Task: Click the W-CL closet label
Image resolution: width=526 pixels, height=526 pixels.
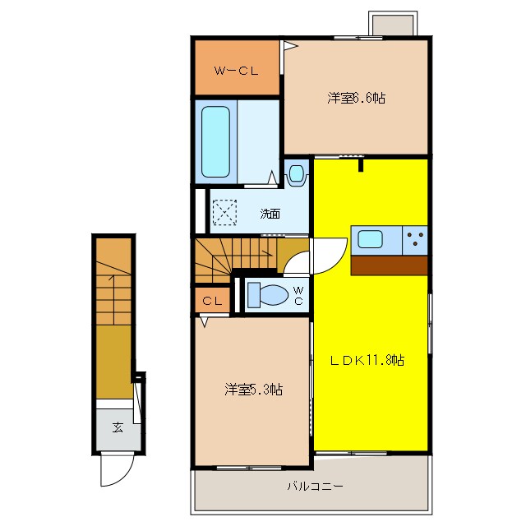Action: coord(237,71)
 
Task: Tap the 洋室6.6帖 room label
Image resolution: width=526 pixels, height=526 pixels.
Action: coord(356,98)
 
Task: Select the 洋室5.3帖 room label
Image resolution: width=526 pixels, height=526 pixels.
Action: coord(254,390)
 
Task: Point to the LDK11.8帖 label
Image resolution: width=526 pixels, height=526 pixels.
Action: coord(367,360)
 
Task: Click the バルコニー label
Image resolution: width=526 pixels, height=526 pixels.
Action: coord(315,486)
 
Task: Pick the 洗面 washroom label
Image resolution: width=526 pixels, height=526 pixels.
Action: coord(270,214)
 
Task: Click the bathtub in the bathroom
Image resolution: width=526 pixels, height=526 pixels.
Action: coord(215,141)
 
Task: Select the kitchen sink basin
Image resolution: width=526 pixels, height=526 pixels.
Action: coord(370,239)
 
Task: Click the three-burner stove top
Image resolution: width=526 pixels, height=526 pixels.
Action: coord(415,240)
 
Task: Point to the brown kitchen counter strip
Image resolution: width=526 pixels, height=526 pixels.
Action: coord(389,265)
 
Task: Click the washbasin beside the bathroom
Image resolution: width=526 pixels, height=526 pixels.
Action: coord(296,173)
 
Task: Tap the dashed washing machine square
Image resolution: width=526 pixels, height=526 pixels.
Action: coord(224,212)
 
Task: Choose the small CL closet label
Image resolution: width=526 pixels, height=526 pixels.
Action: coord(212,301)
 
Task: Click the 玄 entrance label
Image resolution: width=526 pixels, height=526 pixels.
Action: coord(118,427)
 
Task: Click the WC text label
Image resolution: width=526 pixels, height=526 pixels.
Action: coord(298,295)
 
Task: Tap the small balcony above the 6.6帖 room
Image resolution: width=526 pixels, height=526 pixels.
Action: coord(393,25)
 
